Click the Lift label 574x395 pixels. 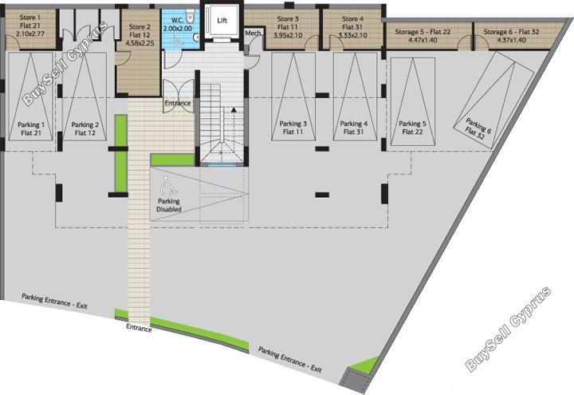click(222, 21)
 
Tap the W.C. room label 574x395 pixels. click(177, 20)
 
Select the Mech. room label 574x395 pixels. click(253, 33)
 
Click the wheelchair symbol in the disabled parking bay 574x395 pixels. click(168, 186)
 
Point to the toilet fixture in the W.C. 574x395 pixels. click(190, 16)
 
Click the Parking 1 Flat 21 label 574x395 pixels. click(31, 129)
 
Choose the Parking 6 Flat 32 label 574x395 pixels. click(477, 128)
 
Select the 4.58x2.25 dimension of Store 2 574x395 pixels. click(140, 43)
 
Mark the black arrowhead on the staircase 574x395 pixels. click(234, 109)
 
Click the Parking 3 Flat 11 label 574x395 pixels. click(293, 128)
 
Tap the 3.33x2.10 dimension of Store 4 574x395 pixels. click(353, 36)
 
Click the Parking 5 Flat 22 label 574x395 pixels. click(413, 128)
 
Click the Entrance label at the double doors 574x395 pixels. click(178, 103)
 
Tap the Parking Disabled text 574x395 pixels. click(169, 205)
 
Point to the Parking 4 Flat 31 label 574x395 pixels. click(354, 128)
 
